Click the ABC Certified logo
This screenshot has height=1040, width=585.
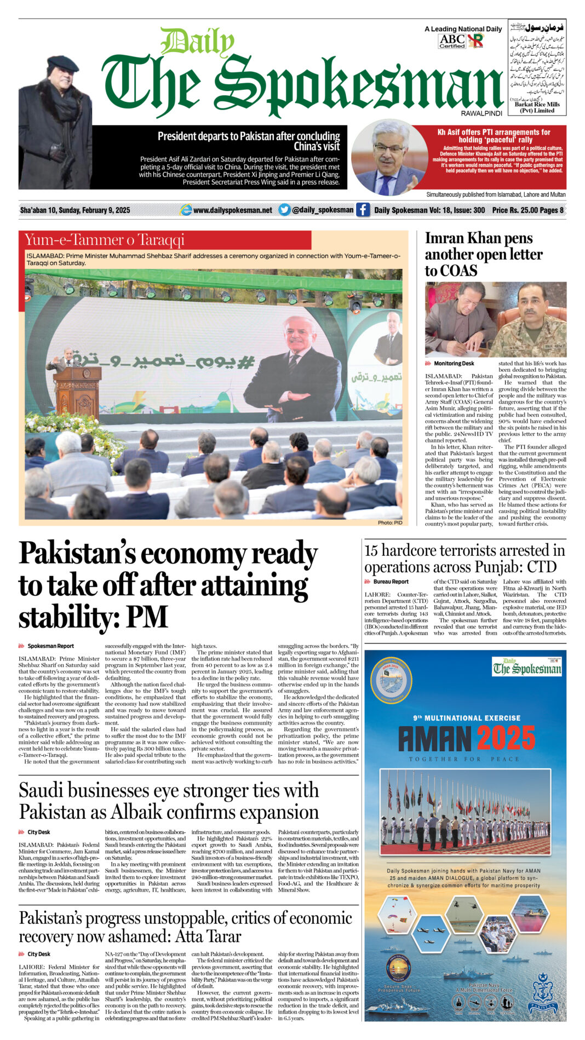pyautogui.click(x=452, y=41)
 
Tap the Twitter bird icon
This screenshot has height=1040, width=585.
pyautogui.click(x=284, y=210)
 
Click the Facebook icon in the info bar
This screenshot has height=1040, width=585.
pyautogui.click(x=363, y=210)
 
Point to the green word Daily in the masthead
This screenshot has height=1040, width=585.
pyautogui.click(x=197, y=42)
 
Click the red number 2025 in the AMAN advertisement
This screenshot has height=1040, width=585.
pyautogui.click(x=504, y=739)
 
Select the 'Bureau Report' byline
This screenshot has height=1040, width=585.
pyautogui.click(x=391, y=582)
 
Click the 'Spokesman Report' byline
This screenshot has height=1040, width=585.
pyautogui.click(x=50, y=646)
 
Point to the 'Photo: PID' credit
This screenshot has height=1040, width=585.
pyautogui.click(x=390, y=522)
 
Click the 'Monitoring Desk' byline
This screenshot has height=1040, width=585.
pyautogui.click(x=454, y=364)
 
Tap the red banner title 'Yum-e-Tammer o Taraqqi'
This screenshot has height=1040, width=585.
pyautogui.click(x=105, y=240)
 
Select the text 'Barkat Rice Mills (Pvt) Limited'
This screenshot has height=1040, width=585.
pyautogui.click(x=537, y=107)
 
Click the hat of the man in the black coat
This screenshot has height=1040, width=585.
pyautogui.click(x=62, y=63)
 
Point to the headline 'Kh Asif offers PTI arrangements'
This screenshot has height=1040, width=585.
pyautogui.click(x=494, y=136)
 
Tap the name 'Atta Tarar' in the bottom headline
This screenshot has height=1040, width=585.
pyautogui.click(x=208, y=936)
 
